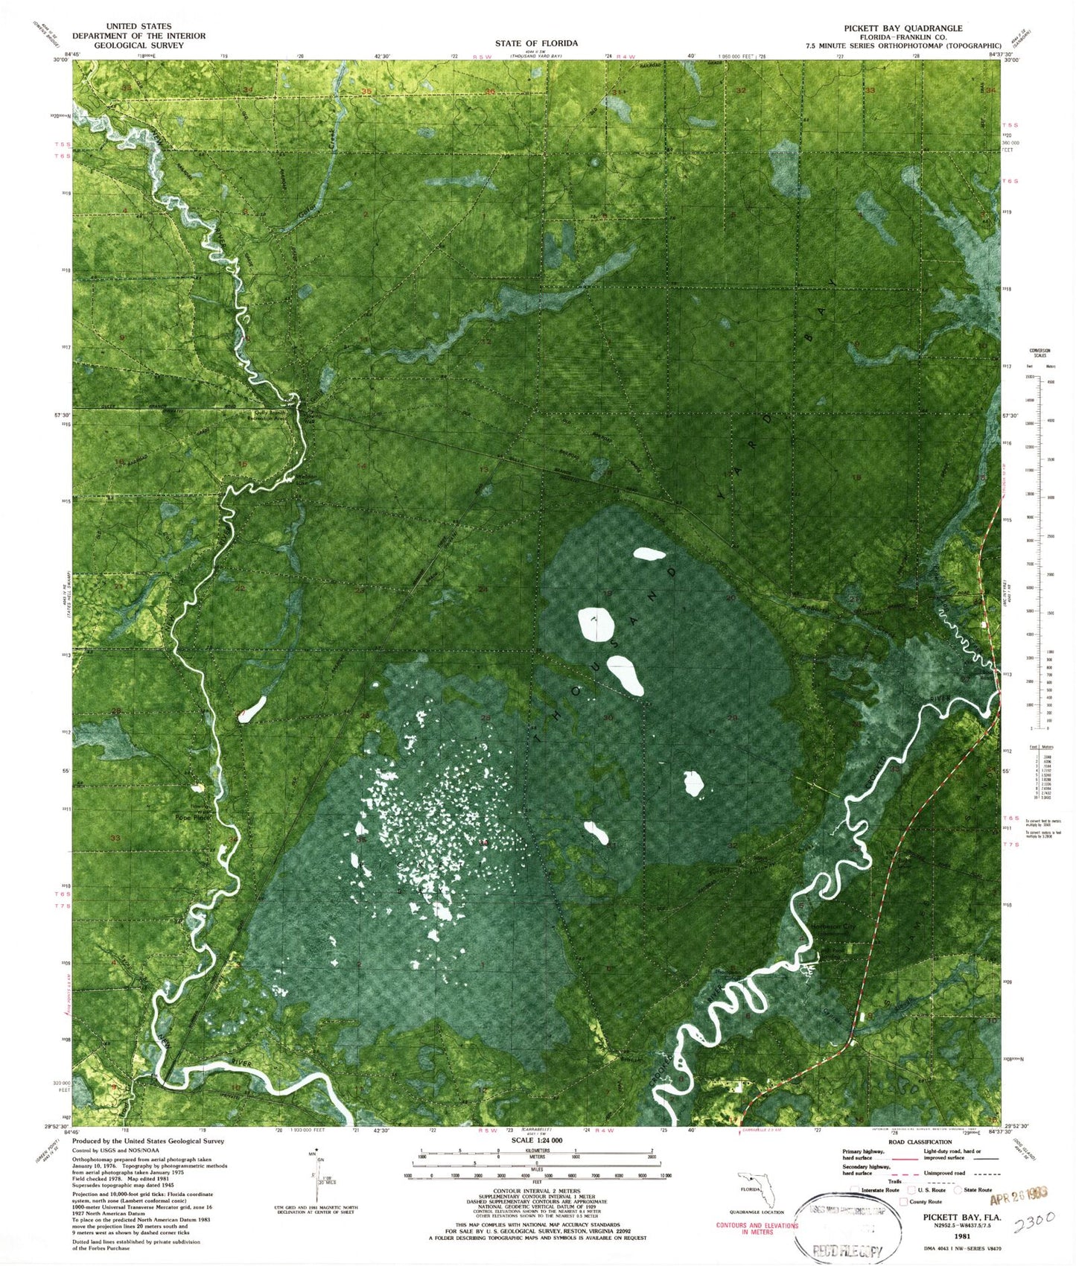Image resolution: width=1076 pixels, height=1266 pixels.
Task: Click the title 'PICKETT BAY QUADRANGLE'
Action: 902,28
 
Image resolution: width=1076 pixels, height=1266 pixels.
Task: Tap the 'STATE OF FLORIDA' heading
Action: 535,43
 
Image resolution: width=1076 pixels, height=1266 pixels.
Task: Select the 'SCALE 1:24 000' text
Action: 535,1141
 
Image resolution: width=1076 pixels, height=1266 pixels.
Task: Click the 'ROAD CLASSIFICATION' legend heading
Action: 919,1142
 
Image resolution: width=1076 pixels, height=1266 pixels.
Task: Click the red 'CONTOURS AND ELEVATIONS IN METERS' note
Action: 756,1228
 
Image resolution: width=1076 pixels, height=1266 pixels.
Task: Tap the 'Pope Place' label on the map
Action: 193,817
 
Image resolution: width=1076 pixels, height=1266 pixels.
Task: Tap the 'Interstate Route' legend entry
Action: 879,1190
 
